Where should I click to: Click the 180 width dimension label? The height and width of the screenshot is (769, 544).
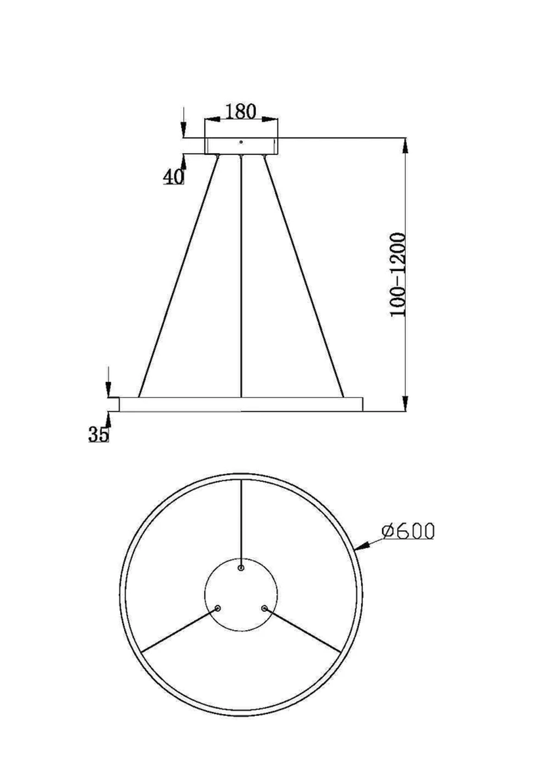(x=240, y=111)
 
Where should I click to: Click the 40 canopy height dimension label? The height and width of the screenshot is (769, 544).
(x=174, y=176)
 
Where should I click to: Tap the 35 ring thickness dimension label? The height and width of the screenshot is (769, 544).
(x=98, y=434)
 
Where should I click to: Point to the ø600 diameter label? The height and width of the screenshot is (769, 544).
(x=408, y=531)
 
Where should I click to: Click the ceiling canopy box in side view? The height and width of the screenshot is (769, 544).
(x=241, y=146)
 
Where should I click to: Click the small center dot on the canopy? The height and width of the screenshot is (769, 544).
(x=241, y=142)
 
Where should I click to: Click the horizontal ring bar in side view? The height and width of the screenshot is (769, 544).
(x=241, y=404)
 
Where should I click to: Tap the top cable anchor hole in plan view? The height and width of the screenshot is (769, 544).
(x=241, y=568)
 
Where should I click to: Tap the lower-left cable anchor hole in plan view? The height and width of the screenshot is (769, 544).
(x=218, y=609)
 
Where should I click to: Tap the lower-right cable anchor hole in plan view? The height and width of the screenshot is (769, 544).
(x=264, y=609)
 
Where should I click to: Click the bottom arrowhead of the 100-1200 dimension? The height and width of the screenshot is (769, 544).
(x=405, y=403)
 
